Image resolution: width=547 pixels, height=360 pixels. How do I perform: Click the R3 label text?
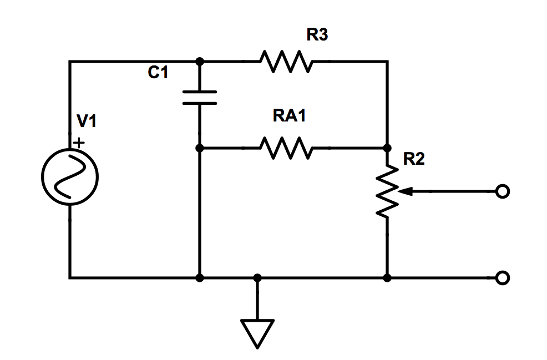[x=317, y=35]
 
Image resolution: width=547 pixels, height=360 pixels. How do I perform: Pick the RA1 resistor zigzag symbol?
[x=286, y=148]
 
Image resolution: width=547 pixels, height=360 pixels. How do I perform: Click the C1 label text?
[x=158, y=73]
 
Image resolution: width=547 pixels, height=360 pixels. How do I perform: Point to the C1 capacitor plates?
[x=200, y=98]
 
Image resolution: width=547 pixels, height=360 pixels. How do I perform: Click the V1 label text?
[x=86, y=121]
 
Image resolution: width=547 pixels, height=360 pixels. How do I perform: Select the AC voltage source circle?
[x=70, y=178]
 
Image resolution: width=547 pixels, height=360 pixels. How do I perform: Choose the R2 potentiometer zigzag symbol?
[x=387, y=191]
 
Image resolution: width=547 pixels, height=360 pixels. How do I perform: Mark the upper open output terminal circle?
[x=502, y=191]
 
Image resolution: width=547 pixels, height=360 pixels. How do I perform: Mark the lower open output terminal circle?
[x=502, y=277]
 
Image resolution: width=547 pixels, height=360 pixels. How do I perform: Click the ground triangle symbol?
[x=257, y=333]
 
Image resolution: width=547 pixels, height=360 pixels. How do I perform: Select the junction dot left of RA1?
[x=200, y=148]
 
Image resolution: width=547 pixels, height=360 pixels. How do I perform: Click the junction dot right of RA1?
[x=387, y=148]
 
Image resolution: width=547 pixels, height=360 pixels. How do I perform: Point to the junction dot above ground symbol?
[x=257, y=277]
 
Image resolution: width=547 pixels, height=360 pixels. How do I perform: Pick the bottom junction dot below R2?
[x=387, y=277]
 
